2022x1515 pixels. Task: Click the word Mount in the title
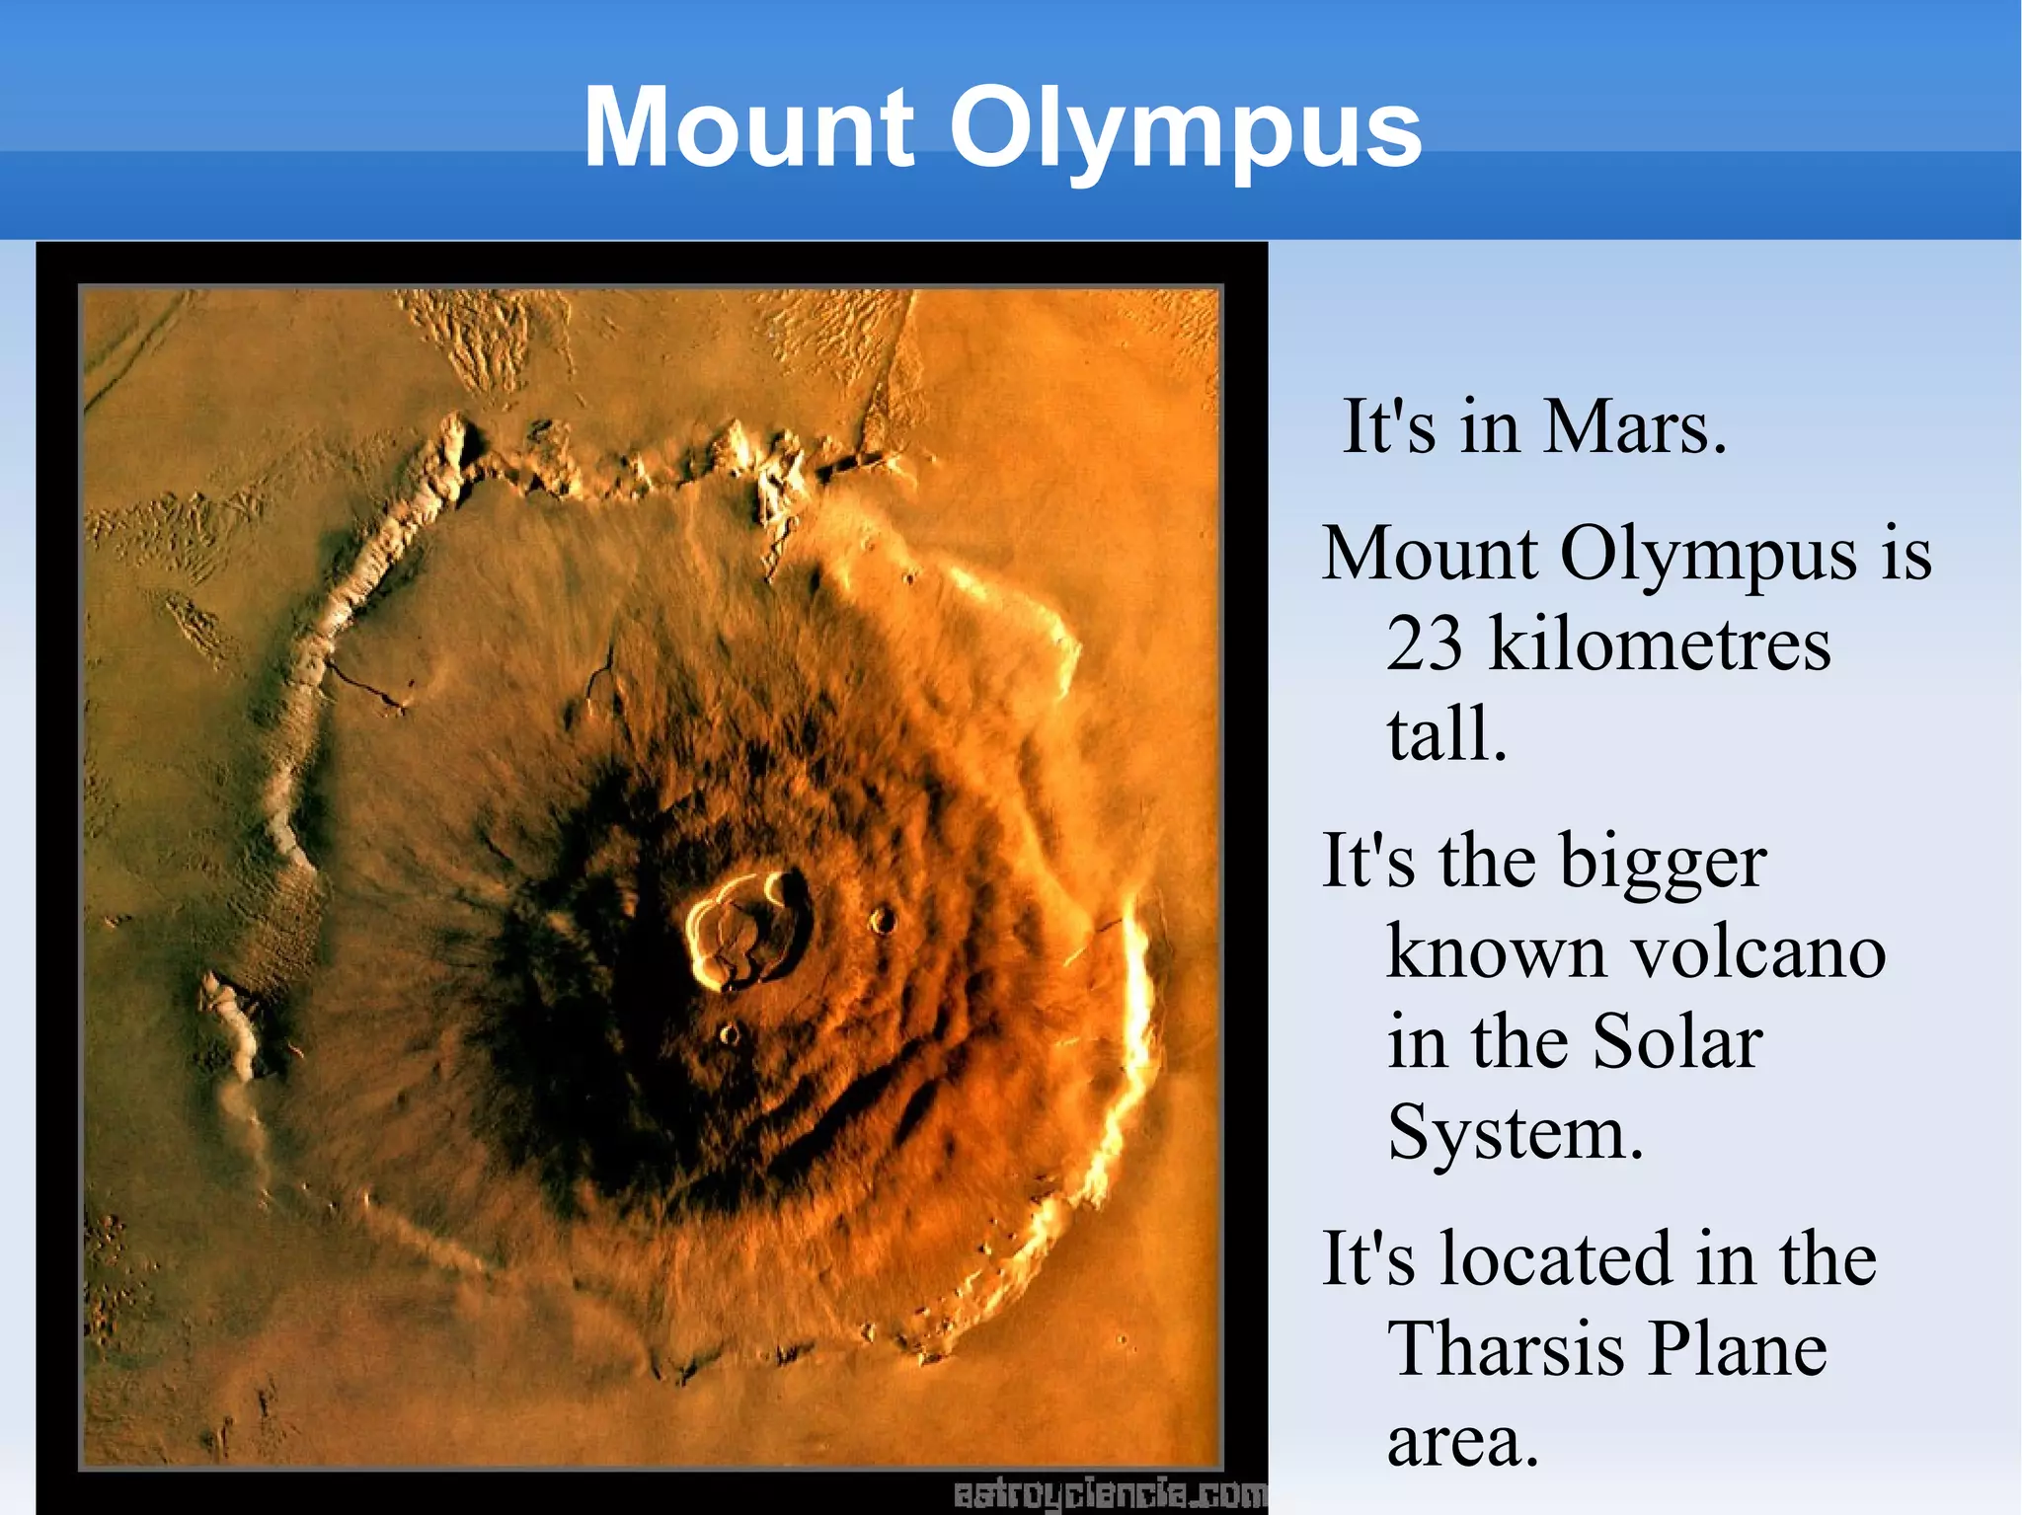point(748,128)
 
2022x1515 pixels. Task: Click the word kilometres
point(1660,644)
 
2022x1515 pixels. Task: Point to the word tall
point(1446,733)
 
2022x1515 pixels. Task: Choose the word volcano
point(1758,952)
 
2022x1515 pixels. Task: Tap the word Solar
point(1677,1042)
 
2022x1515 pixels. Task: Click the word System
point(1515,1133)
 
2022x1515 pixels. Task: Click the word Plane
point(1737,1349)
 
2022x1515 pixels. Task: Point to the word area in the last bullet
point(1462,1440)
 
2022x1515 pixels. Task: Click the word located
point(1557,1259)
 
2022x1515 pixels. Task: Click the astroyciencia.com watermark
point(1109,1494)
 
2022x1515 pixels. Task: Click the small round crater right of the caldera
point(882,921)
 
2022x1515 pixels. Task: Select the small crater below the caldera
point(729,1033)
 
